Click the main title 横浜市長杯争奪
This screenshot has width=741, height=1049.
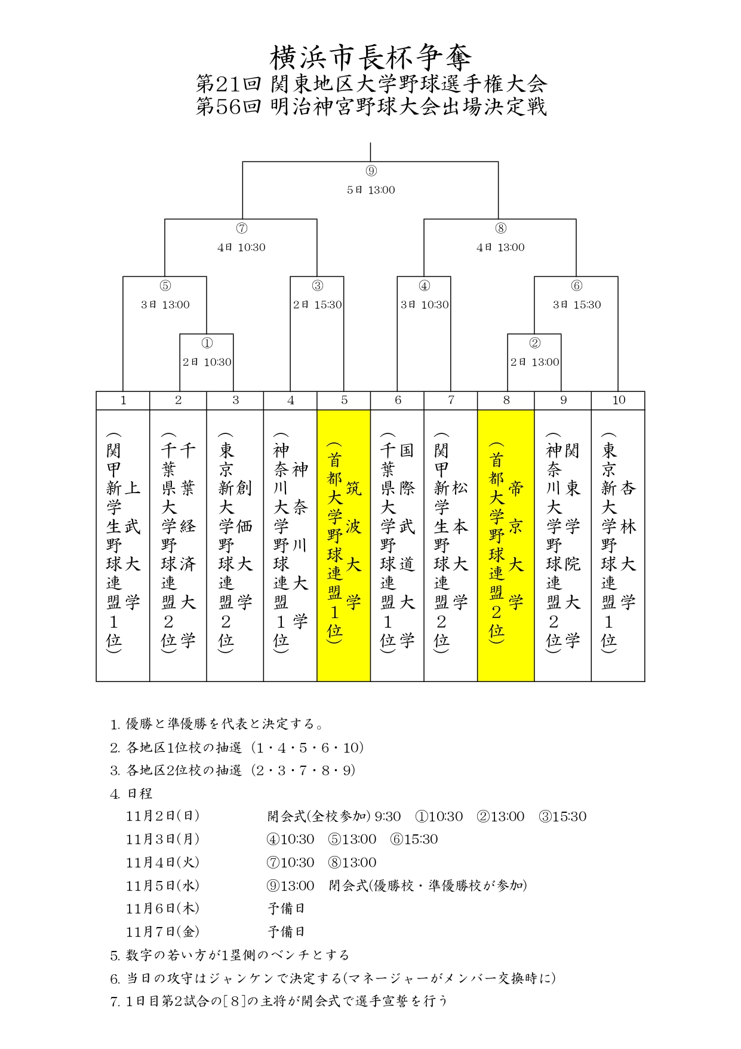(370, 58)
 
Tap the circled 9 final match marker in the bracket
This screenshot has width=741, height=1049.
(371, 171)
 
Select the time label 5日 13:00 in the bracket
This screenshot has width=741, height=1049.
(371, 190)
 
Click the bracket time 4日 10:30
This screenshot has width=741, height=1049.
(241, 247)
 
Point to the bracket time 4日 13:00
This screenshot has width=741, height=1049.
(500, 247)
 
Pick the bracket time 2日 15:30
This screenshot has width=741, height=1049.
(317, 305)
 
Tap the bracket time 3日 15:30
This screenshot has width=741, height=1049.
(576, 305)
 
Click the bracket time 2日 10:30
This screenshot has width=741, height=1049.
(207, 362)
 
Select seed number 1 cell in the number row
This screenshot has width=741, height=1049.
(123, 400)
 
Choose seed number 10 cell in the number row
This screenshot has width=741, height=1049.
(618, 400)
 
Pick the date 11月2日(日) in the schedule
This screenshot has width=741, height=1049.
(162, 816)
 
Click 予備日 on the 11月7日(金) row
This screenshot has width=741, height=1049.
(286, 932)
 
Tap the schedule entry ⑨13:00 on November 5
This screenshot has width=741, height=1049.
(290, 886)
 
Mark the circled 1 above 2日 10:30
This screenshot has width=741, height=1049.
(207, 343)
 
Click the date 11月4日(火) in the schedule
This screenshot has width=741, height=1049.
(162, 863)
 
